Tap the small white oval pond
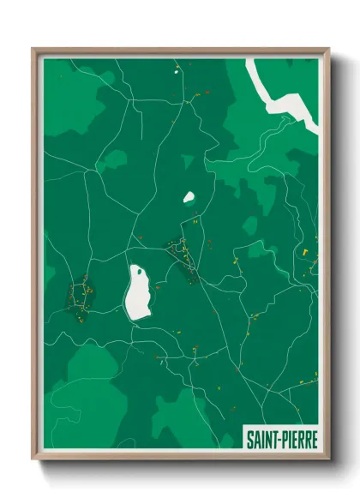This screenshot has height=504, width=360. coord(189,197)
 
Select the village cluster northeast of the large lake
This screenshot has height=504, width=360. coord(182,254)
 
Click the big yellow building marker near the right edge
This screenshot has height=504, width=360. coord(304,252)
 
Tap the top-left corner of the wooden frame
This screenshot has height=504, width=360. coord(34,50)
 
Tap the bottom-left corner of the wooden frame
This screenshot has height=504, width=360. coord(34,459)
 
